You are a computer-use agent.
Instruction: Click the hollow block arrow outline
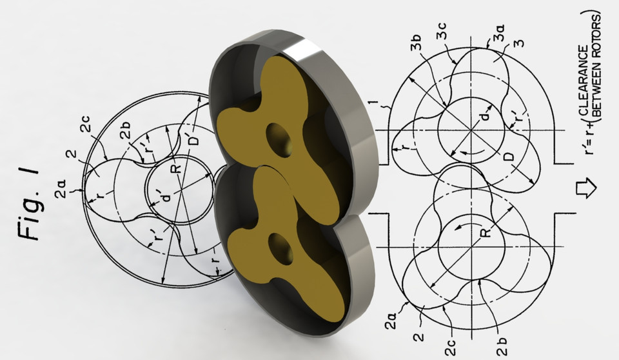(x=588, y=188)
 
